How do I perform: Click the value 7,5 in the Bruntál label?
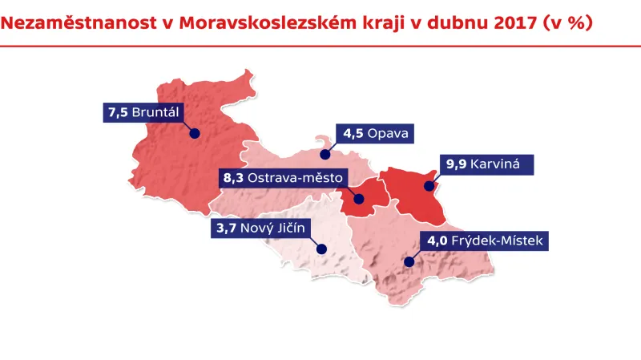click(117, 112)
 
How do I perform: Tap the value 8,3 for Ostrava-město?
click(233, 177)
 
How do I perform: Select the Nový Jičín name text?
click(273, 229)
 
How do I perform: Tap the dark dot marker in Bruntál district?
click(194, 134)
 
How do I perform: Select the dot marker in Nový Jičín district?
click(320, 249)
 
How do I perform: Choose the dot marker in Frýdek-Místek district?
click(408, 261)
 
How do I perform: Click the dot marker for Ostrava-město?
click(357, 199)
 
